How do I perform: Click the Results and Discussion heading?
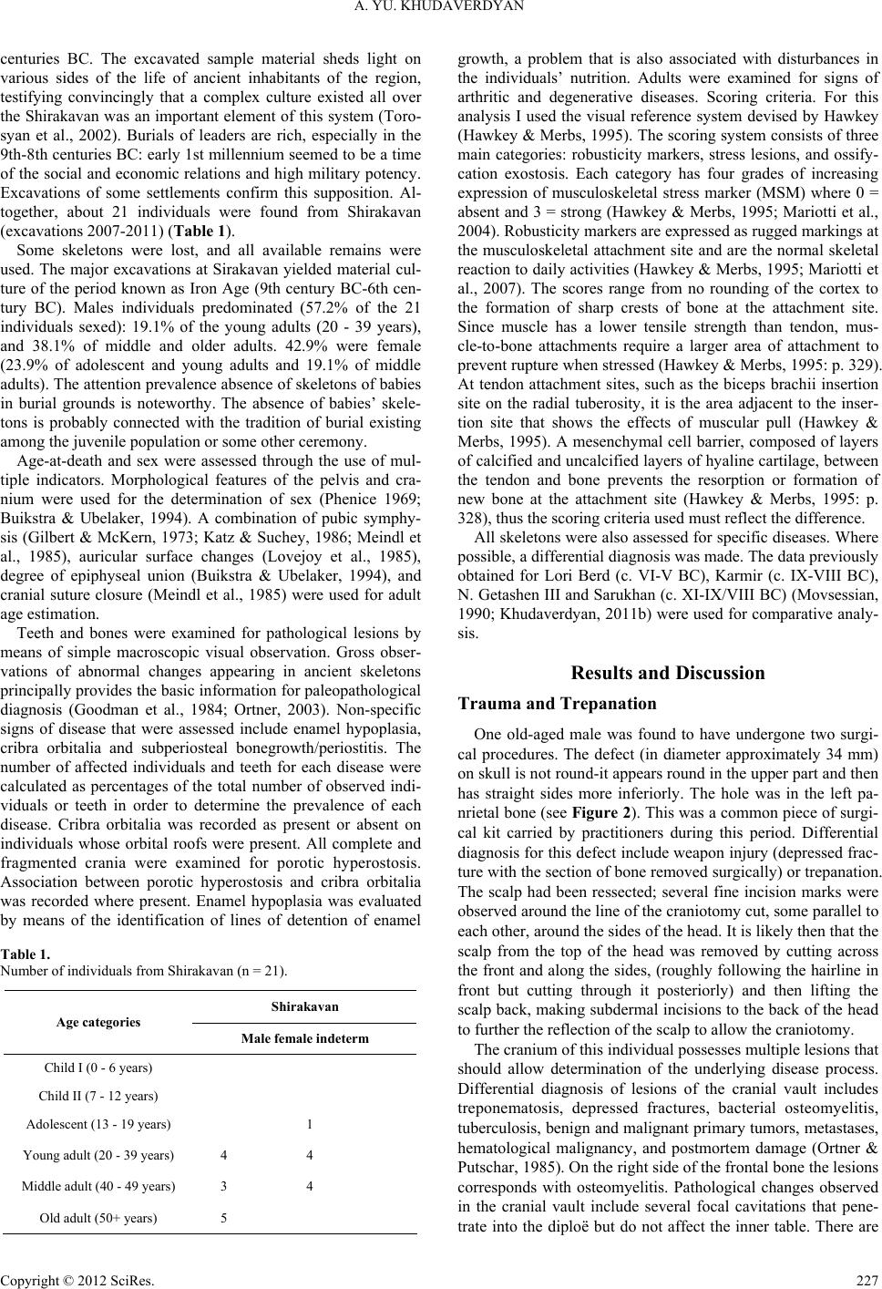[667, 674]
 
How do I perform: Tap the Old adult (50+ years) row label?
[99, 1218]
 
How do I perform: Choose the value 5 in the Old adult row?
[223, 1218]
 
